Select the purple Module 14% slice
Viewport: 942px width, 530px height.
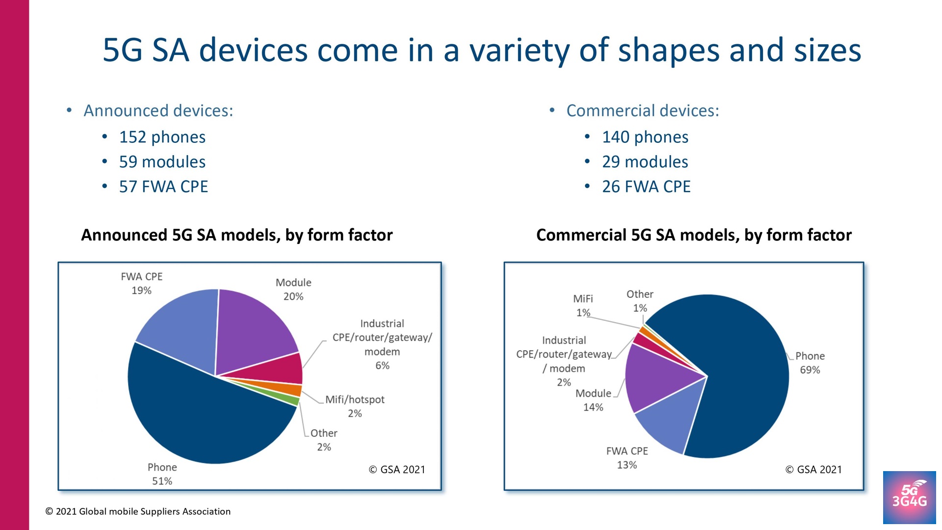tap(657, 378)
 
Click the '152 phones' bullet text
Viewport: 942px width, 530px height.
tap(162, 137)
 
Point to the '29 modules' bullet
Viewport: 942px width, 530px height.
tap(645, 162)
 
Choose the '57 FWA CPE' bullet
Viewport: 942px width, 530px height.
tap(163, 186)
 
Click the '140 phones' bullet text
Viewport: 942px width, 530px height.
tap(645, 137)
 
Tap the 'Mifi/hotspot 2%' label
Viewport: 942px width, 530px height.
tap(355, 406)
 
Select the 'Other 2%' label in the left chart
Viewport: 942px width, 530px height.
tap(324, 440)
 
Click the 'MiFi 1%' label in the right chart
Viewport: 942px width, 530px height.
tap(583, 305)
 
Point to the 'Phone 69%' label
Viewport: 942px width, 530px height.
tap(810, 363)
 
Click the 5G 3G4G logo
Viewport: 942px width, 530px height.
tap(909, 497)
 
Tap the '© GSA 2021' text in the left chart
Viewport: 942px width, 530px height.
tap(396, 470)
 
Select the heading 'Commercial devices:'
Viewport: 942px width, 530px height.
tap(642, 110)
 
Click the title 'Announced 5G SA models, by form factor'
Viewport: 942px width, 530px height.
tap(236, 235)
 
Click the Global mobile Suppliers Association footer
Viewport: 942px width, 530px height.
tap(138, 511)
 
